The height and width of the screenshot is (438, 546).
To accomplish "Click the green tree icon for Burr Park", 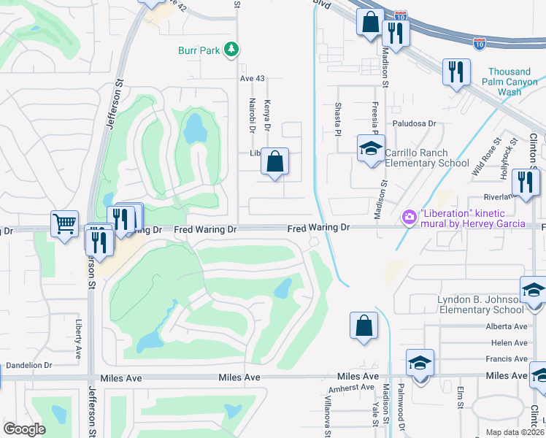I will coord(232,50).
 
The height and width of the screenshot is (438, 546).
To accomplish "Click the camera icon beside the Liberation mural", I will coord(409,217).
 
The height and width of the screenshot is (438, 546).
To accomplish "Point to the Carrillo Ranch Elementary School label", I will coord(426,158).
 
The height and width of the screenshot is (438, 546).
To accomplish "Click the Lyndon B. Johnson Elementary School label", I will coord(479,304).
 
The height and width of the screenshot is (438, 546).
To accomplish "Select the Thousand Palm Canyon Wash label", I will coord(510,82).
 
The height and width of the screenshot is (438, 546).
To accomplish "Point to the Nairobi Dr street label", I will coord(252,115).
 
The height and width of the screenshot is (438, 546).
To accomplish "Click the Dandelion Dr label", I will coord(29,365).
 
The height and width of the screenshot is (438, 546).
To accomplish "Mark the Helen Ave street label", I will coord(510,342).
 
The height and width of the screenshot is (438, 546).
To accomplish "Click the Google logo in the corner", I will coord(24,429).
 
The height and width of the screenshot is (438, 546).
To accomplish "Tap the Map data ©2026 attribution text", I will coord(515,432).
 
